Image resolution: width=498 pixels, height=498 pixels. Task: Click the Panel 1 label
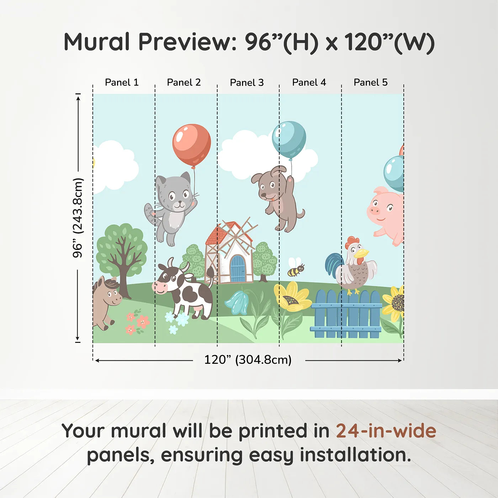(x=122, y=83)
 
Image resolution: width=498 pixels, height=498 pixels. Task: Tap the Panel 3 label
(x=247, y=83)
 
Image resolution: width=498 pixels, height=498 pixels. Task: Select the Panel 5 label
(x=370, y=83)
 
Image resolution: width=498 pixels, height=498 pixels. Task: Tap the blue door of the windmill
(x=238, y=269)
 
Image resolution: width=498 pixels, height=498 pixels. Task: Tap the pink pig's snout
(x=375, y=211)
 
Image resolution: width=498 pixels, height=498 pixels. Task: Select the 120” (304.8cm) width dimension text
(x=248, y=360)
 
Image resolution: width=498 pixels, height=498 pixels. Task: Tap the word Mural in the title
(x=97, y=42)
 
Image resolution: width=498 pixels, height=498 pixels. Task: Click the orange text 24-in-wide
(x=386, y=431)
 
